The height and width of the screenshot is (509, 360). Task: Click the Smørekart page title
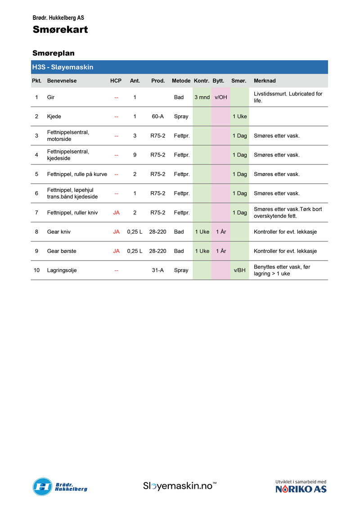pyautogui.click(x=60, y=30)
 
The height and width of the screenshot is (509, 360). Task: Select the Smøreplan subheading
pyautogui.click(x=53, y=53)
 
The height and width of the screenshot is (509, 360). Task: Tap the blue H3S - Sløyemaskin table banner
pyautogui.click(x=179, y=67)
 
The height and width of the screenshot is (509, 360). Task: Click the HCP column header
pyautogui.click(x=116, y=81)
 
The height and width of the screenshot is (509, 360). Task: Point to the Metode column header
pyautogui.click(x=181, y=81)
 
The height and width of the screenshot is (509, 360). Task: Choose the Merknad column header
pyautogui.click(x=265, y=81)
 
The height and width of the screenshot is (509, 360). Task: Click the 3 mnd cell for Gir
pyautogui.click(x=202, y=97)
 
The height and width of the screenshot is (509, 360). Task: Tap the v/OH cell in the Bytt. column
pyautogui.click(x=221, y=97)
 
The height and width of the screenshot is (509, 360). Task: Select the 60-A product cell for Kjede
pyautogui.click(x=157, y=117)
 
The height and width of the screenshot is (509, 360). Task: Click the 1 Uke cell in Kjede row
pyautogui.click(x=239, y=117)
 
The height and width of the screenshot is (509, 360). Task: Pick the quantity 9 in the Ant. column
pyautogui.click(x=135, y=155)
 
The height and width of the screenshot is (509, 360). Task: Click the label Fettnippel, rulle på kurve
pyautogui.click(x=77, y=174)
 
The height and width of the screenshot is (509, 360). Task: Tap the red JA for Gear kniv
pyautogui.click(x=116, y=232)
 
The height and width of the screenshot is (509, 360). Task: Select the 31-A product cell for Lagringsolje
pyautogui.click(x=157, y=270)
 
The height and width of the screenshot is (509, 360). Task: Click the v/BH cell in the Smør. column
pyautogui.click(x=239, y=270)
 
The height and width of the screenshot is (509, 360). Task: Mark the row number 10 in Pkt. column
pyautogui.click(x=36, y=270)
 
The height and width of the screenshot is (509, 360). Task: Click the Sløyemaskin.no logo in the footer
pyautogui.click(x=180, y=486)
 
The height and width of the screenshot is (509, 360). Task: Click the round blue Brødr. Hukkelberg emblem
pyautogui.click(x=42, y=486)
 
